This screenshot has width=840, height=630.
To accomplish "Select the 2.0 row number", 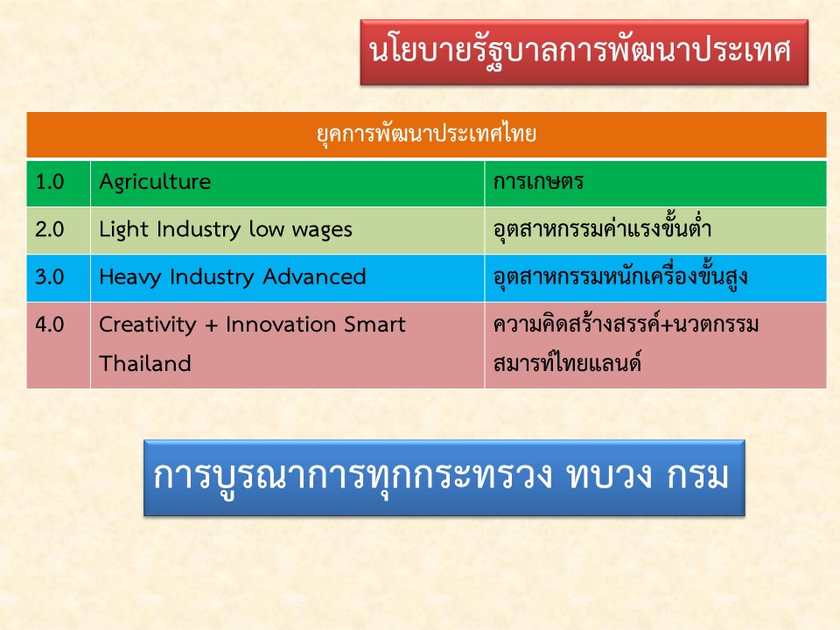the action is (x=50, y=230).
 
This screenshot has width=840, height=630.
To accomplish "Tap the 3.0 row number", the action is (x=50, y=277).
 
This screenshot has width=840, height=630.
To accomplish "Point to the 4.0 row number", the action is (x=50, y=325).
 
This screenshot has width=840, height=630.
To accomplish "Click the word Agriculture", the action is (x=156, y=183).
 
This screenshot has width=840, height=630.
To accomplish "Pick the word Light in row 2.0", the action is (x=123, y=230).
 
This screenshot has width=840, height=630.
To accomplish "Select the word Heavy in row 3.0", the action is (x=130, y=277).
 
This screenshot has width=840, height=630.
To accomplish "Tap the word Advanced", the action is (x=314, y=277).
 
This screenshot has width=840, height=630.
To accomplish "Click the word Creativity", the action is (x=148, y=325).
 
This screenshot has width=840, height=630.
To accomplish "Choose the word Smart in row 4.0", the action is (x=375, y=325).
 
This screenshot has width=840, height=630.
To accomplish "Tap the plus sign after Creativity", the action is (x=211, y=325).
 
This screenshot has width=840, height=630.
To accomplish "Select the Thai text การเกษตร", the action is (x=538, y=182).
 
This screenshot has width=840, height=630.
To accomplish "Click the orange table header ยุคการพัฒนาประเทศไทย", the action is (x=426, y=135).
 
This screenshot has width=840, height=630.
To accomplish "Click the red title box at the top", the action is (x=584, y=52).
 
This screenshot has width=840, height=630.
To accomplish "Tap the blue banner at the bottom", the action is (x=444, y=478).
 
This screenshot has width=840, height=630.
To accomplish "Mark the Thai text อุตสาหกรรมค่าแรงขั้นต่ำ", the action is (x=602, y=228).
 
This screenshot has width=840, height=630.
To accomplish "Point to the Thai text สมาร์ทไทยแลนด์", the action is (x=567, y=362).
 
